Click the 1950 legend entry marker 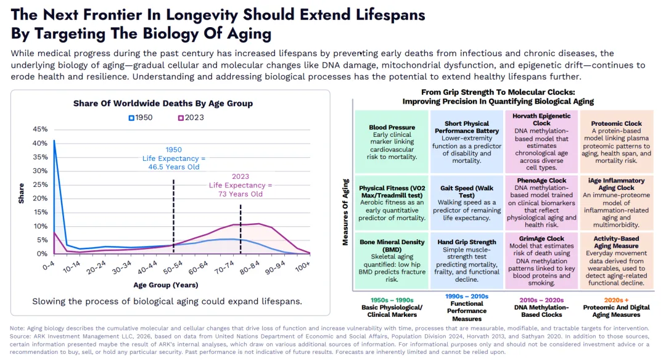point(131,118)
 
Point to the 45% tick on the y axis point(39,129)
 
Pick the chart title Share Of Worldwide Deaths point(163,104)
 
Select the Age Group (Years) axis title point(165,285)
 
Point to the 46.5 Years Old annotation point(174,167)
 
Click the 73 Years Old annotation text point(240,194)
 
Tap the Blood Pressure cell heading point(392,128)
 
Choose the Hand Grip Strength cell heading point(467,242)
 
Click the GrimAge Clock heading point(541,239)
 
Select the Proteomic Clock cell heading point(616,124)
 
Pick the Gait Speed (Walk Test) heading point(467,191)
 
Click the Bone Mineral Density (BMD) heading point(392,246)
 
